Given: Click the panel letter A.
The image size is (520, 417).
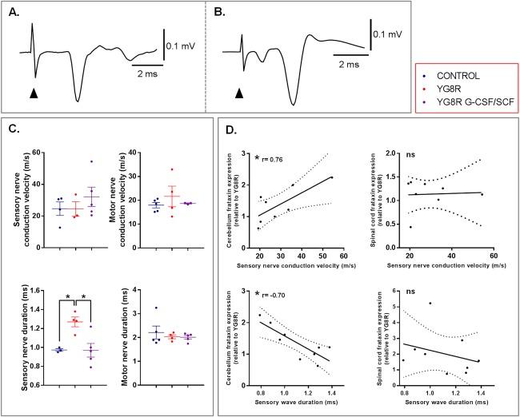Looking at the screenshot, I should tap(14, 10).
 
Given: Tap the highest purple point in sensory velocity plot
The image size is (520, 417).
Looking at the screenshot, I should tap(92, 162).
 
